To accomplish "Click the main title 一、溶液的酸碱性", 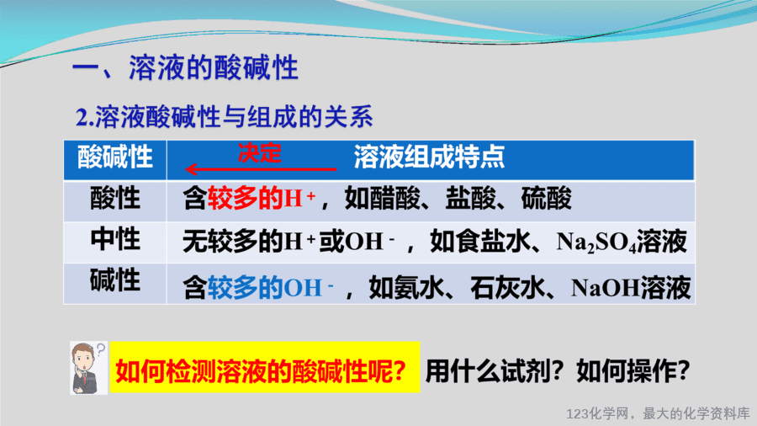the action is [x=185, y=67].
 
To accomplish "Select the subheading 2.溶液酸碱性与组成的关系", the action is [x=225, y=117].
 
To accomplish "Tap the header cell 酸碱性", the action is [x=115, y=157].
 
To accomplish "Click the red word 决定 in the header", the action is [x=259, y=153].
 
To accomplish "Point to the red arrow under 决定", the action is [x=261, y=169].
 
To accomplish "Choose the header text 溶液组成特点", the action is [x=429, y=157].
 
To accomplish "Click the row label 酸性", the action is [x=115, y=198].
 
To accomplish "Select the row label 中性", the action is [x=115, y=240].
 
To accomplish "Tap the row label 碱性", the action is [x=115, y=280].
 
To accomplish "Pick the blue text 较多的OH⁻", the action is [x=270, y=288].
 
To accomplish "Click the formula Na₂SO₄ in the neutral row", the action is [x=596, y=242].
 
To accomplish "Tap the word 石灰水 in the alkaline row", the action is [x=508, y=288].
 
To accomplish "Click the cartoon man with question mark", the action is [x=89, y=368].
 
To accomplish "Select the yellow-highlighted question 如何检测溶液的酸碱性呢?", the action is [x=261, y=371].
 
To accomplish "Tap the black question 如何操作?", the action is [x=633, y=371].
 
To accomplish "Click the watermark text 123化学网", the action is [x=598, y=414].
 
